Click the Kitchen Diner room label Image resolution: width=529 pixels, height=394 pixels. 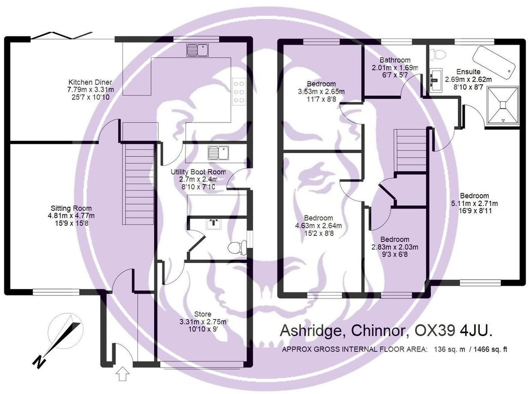click(90, 82)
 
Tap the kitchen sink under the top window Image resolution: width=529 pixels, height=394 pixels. click(197, 51)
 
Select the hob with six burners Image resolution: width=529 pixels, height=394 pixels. click(239, 92)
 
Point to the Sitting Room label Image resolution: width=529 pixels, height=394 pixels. click(72, 208)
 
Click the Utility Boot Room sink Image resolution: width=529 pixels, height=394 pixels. click(218, 152)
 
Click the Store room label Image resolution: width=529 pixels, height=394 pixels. click(202, 314)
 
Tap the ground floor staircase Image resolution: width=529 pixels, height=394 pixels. click(138, 184)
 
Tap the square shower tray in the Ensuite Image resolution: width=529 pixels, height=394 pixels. click(503, 105)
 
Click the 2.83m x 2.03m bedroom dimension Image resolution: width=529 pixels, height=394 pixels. click(394, 247)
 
